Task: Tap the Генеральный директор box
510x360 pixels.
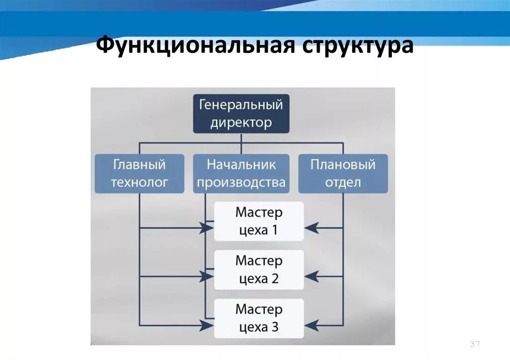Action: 241,114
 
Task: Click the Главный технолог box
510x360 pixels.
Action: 139,173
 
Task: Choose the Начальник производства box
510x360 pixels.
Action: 241,173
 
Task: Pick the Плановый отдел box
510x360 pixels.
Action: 343,173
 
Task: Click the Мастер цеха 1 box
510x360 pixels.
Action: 259,221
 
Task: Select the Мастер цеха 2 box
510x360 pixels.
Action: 259,270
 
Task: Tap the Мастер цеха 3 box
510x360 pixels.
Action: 259,319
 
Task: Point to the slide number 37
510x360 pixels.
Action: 474,345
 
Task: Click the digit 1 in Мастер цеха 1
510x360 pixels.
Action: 274,231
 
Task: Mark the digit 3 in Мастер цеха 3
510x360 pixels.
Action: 275,328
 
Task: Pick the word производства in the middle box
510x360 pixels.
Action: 241,182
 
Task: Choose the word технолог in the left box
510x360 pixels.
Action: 139,182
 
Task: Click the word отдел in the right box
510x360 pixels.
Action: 343,182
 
